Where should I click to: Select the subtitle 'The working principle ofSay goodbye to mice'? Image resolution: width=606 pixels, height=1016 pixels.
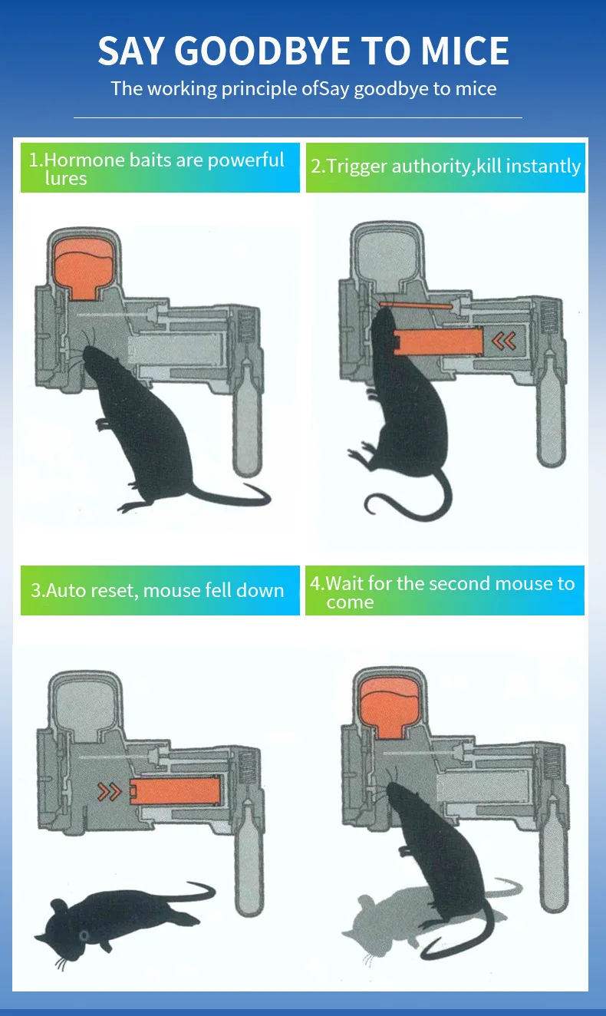click(x=303, y=88)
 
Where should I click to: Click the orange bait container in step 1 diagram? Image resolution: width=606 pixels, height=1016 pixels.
click(x=84, y=268)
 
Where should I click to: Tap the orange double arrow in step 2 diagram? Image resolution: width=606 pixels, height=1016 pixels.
click(x=503, y=341)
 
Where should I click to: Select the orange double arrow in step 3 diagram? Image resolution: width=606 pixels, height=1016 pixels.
click(x=110, y=792)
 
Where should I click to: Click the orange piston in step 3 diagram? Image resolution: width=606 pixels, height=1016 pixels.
click(x=175, y=792)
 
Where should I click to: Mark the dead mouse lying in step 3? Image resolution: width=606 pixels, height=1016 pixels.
click(x=115, y=917)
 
